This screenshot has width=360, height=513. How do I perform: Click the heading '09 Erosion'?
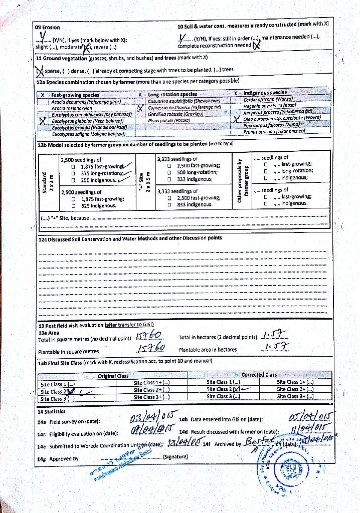tap(47, 27)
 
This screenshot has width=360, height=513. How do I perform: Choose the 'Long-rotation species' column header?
tap(172, 94)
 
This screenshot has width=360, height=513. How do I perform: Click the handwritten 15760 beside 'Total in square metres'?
tap(148, 336)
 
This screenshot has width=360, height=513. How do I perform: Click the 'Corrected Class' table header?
tap(259, 375)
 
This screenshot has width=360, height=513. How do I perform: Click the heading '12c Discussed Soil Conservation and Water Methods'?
tap(130, 238)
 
